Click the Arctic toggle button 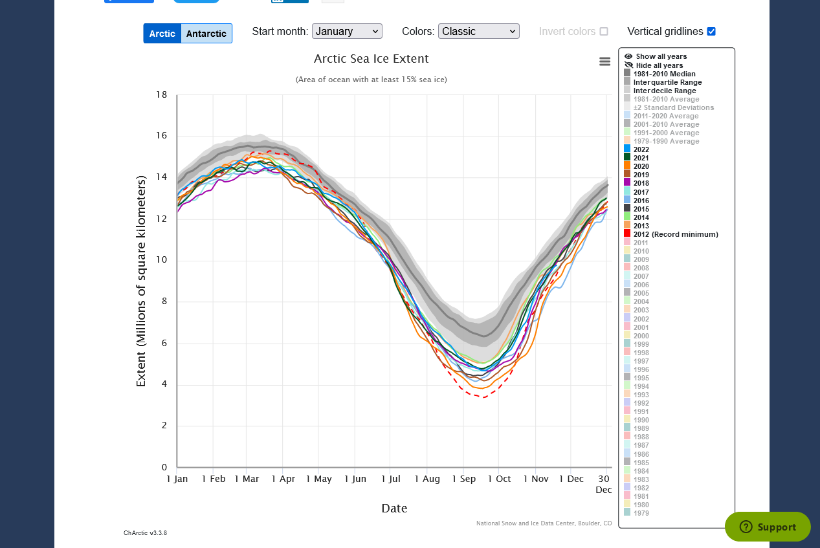click(162, 34)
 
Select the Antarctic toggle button click(206, 34)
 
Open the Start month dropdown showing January click(347, 31)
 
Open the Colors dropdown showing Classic click(478, 31)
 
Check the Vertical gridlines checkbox click(711, 31)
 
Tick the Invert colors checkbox click(604, 31)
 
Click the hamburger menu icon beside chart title click(605, 61)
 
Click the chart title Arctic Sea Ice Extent click(371, 59)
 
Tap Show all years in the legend click(661, 57)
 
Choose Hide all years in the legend click(659, 65)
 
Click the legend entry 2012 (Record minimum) click(675, 234)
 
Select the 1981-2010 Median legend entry click(664, 74)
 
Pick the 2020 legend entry click(641, 166)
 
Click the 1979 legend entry click(641, 513)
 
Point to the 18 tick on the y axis click(161, 94)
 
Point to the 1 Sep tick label click(463, 479)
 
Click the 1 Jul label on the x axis click(390, 479)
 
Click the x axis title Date click(394, 509)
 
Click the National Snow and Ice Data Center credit click(544, 523)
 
